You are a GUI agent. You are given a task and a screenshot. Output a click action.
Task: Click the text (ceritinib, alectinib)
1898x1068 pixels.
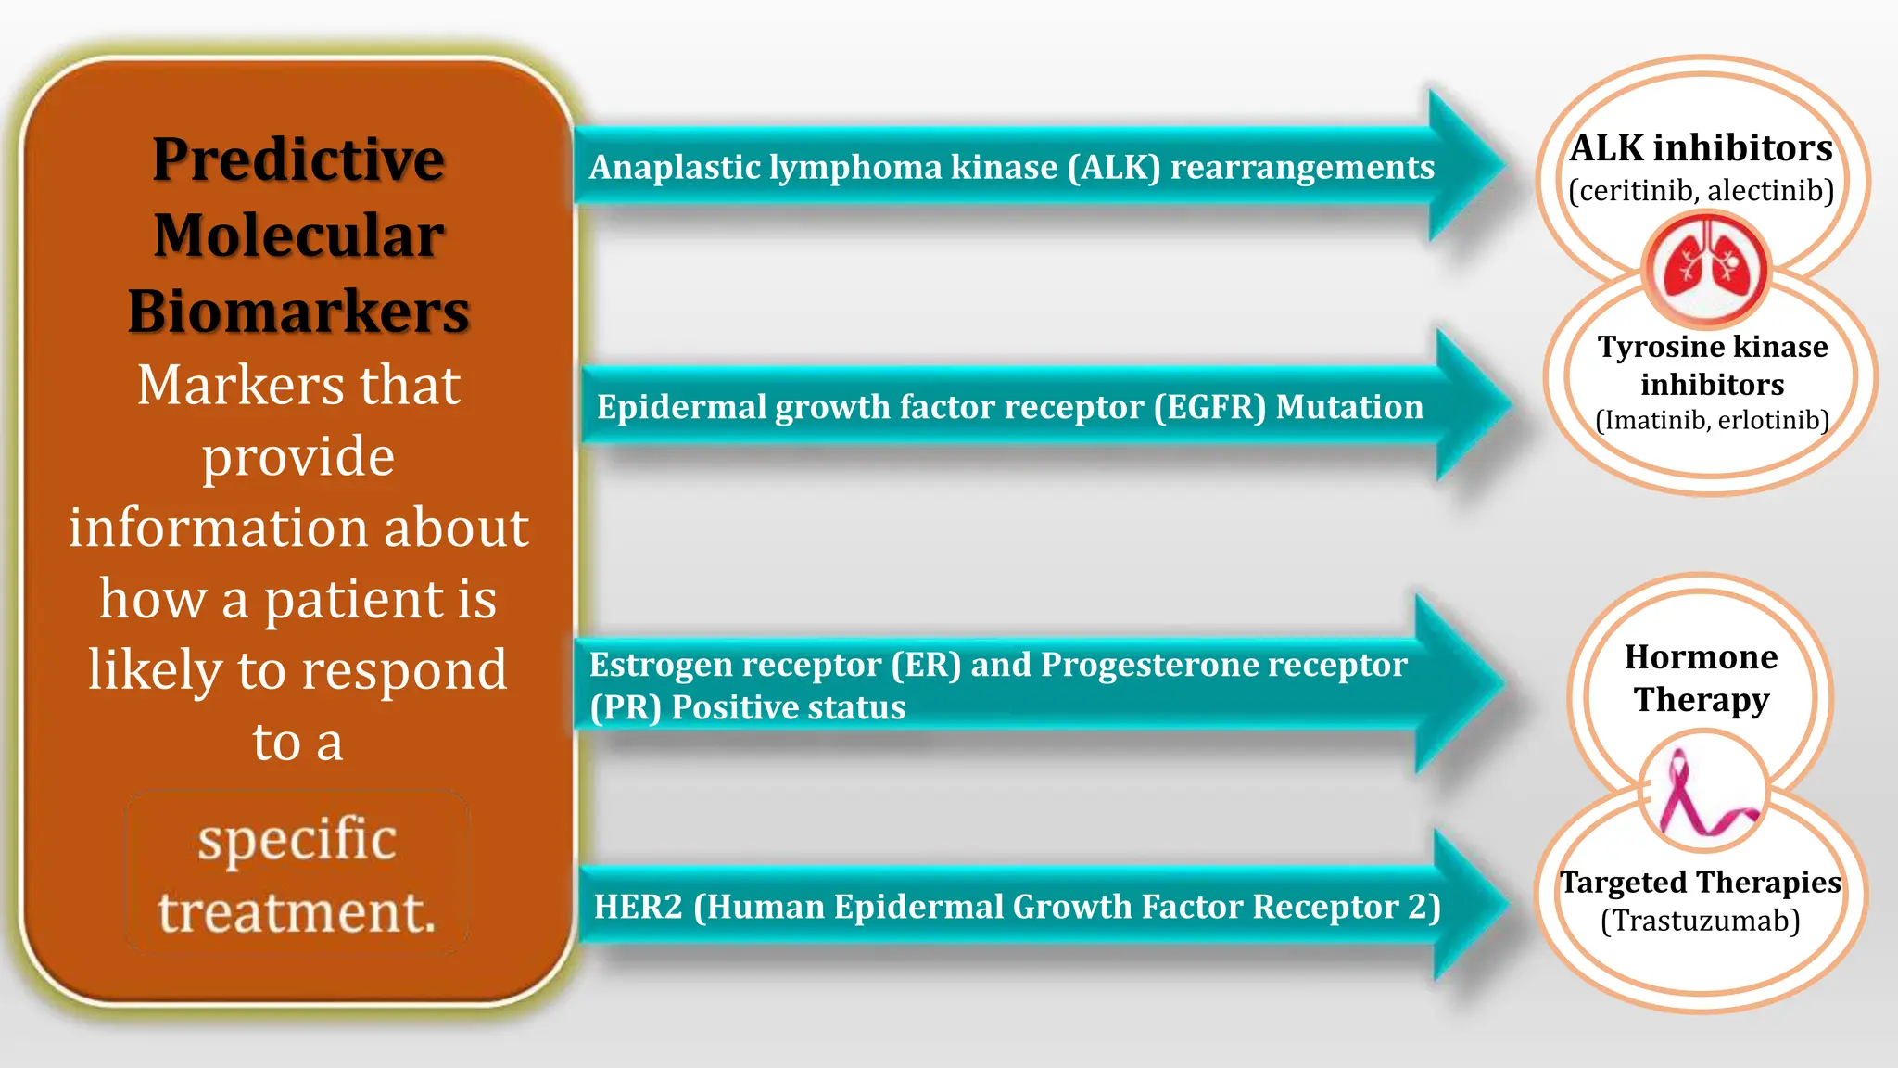1702,190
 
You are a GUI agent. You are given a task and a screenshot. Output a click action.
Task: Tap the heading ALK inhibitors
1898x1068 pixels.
1702,147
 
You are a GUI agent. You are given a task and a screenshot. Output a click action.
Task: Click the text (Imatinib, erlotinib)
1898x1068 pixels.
1712,420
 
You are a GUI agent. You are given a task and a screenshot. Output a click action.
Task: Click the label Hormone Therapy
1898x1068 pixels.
1702,678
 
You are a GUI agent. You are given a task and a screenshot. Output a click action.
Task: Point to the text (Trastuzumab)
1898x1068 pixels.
1701,921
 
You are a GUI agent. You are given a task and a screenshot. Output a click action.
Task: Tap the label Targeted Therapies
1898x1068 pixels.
1701,882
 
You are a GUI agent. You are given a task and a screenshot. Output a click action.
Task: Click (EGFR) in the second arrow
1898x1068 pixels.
1209,407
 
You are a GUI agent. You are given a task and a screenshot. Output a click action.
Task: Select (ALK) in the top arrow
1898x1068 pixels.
1113,168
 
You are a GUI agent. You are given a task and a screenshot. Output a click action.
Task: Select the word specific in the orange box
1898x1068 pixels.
297,839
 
